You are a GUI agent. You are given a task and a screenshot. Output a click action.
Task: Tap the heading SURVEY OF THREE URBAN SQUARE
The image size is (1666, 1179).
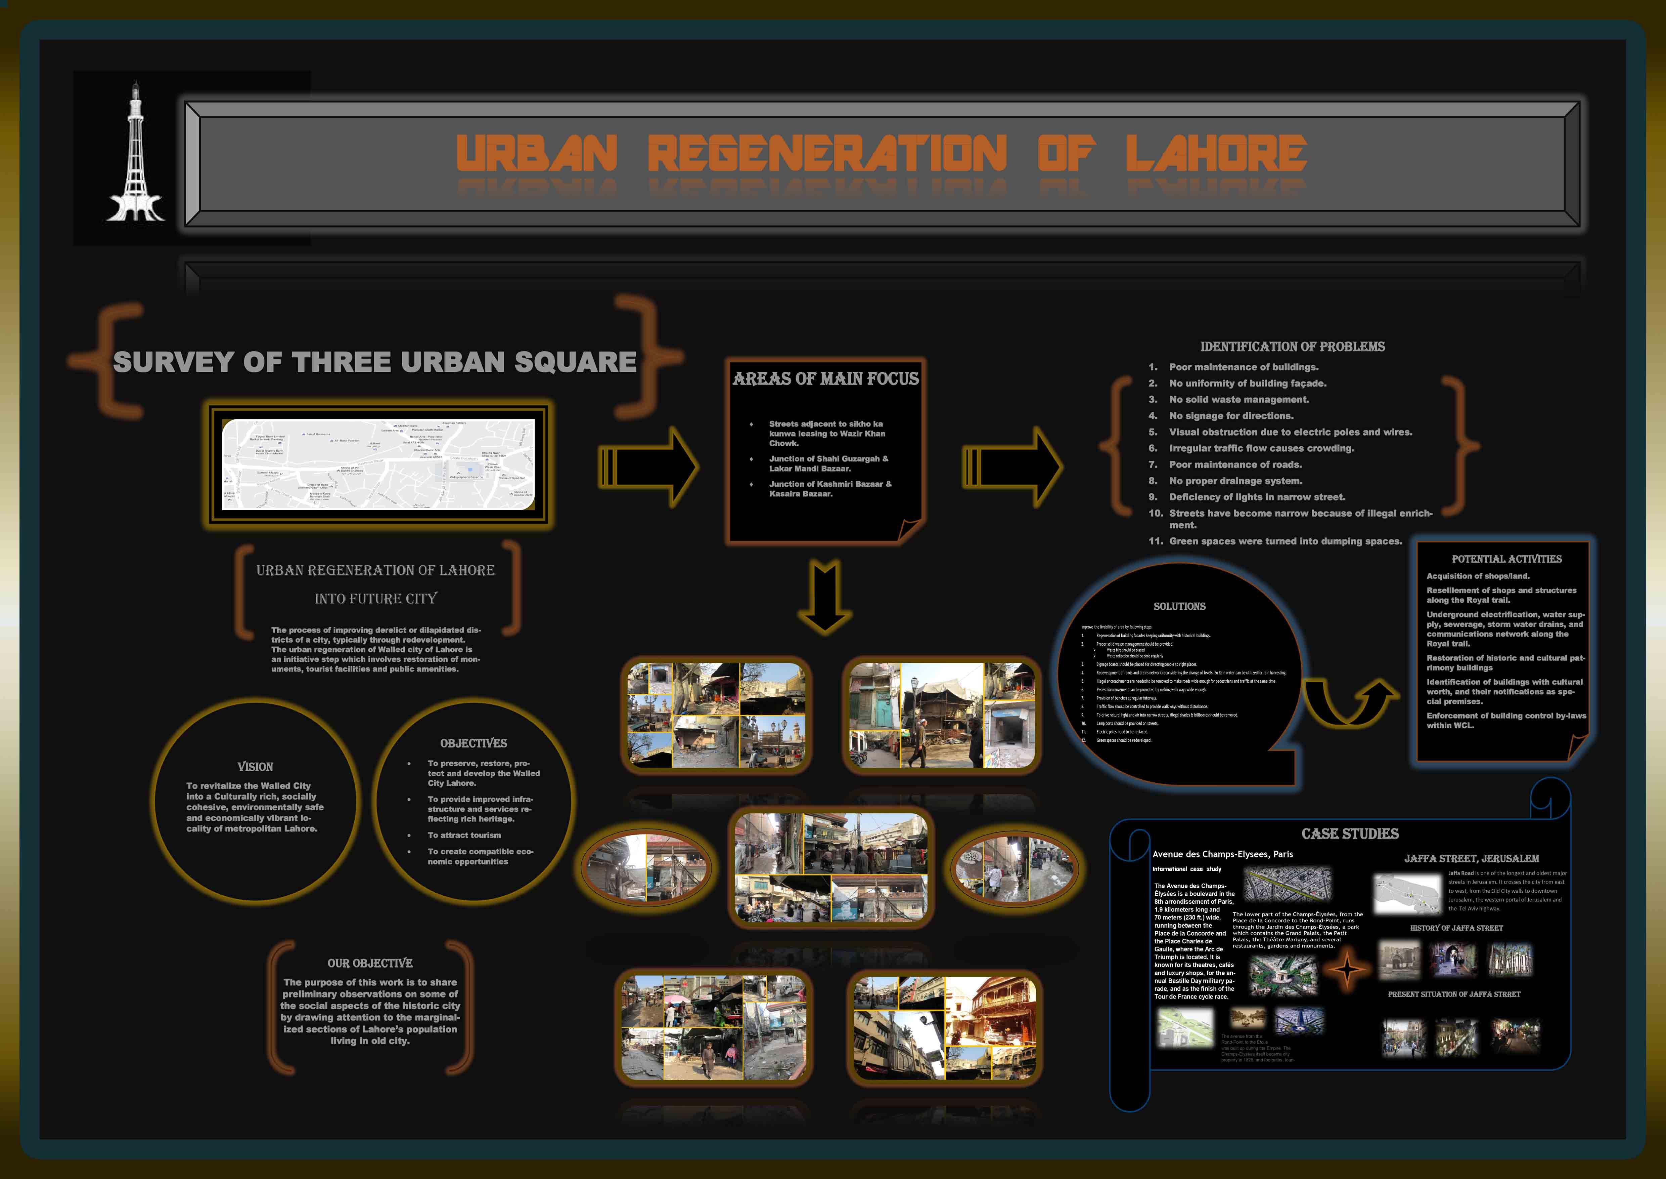tap(374, 362)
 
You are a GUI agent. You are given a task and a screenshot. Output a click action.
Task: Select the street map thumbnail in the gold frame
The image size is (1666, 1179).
tap(378, 464)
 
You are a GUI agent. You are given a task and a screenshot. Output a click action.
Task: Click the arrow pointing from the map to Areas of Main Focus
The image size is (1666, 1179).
tap(648, 467)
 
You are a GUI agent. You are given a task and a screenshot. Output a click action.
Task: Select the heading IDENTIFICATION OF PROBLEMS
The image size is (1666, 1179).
tap(1292, 347)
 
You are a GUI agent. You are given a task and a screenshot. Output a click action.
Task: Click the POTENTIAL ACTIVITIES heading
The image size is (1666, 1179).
tap(1506, 559)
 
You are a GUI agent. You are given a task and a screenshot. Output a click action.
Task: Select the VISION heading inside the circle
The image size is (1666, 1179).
tap(256, 767)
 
